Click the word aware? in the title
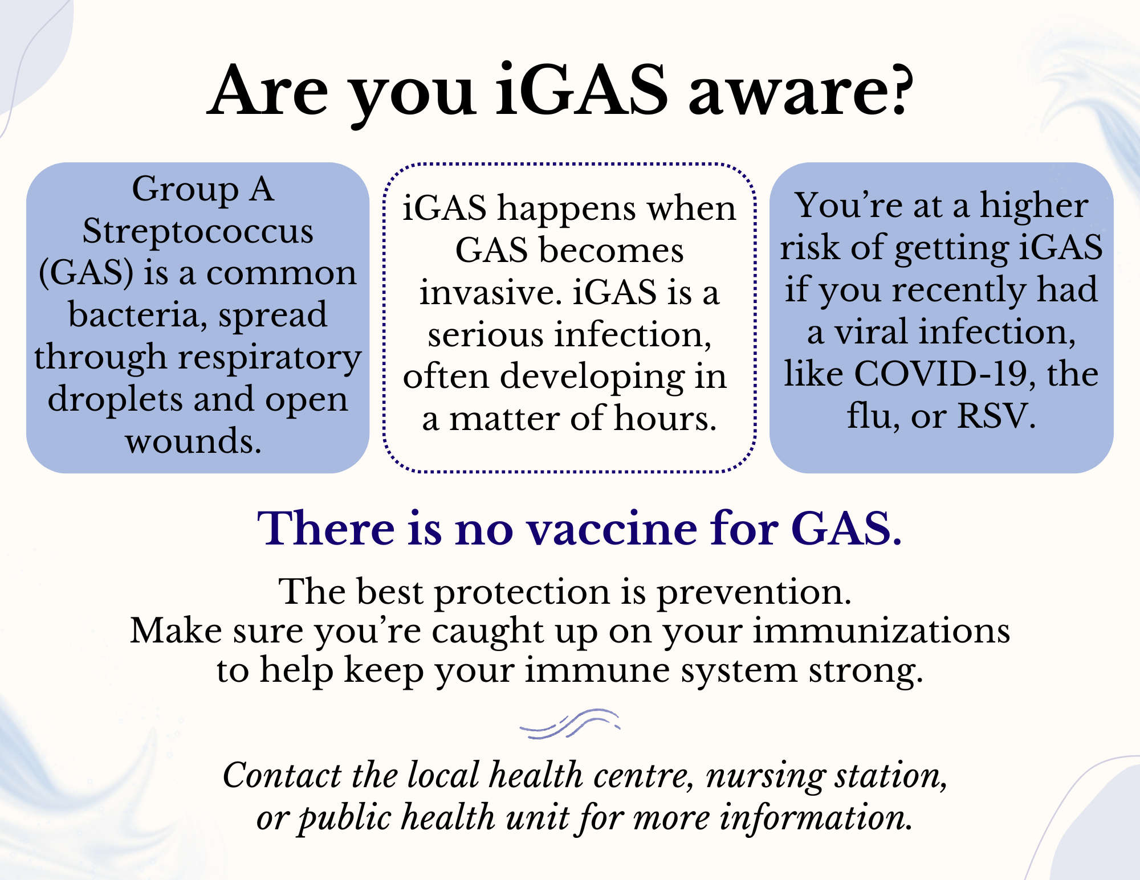click(801, 91)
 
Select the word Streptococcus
click(198, 232)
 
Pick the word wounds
click(193, 442)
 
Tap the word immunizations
click(881, 631)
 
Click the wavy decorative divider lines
click(570, 724)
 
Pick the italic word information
click(816, 818)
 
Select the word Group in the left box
click(186, 190)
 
